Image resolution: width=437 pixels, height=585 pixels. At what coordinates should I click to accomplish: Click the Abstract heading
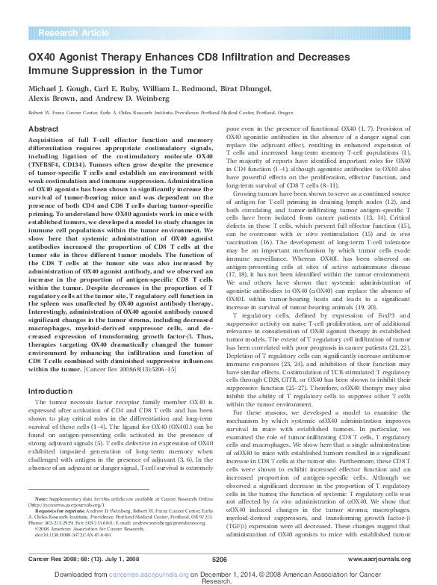point(43,129)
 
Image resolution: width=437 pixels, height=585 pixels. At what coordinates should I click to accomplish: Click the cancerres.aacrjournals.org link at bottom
point(161,571)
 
